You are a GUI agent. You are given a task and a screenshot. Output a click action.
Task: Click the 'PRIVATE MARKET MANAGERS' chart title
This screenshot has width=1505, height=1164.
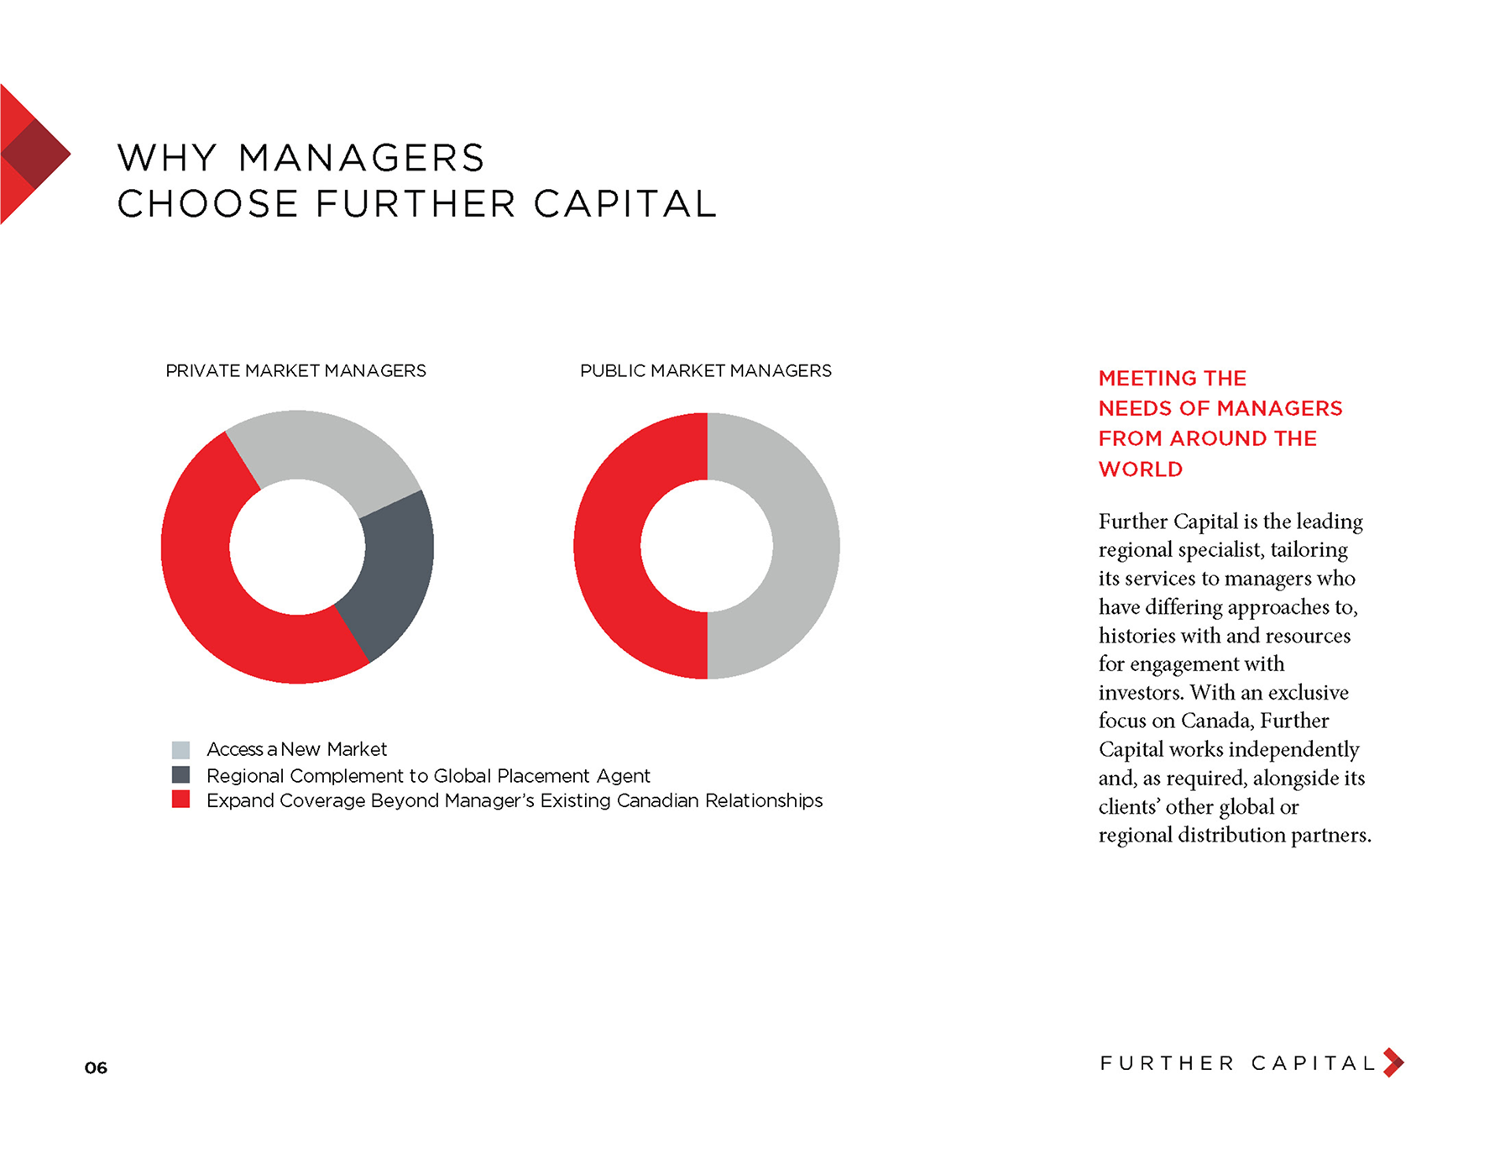pos(295,370)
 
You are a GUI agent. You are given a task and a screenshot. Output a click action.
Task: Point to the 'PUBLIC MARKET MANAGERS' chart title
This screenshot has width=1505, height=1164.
pos(706,370)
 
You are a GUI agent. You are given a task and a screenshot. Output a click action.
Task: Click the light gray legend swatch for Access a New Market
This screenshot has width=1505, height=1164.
pos(180,749)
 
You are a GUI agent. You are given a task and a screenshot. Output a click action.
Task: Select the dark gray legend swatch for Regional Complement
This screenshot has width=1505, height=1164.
pos(180,774)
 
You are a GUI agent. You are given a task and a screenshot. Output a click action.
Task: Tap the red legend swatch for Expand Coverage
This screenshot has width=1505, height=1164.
pos(180,799)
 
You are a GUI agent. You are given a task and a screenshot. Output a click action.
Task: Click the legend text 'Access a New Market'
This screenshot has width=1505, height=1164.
pos(296,749)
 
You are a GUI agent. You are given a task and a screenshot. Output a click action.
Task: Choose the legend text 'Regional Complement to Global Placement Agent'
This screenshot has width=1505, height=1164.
pos(428,776)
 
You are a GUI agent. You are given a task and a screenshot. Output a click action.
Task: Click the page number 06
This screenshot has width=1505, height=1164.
pos(96,1067)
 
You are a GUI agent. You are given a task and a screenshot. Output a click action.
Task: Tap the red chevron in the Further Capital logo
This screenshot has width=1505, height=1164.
pos(1394,1062)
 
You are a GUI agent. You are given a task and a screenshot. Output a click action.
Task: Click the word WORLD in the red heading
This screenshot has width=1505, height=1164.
pos(1141,469)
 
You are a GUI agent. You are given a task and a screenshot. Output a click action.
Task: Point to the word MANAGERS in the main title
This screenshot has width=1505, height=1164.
pos(362,158)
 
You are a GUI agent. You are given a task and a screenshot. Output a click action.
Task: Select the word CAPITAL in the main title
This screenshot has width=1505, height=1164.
pos(624,203)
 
